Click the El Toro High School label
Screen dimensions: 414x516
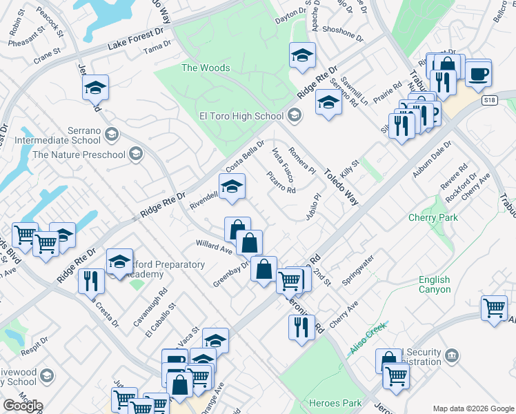pos(241,117)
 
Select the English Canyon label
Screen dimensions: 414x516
pos(435,284)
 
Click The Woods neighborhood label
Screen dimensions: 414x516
pos(206,68)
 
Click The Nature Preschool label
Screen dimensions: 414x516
pos(79,155)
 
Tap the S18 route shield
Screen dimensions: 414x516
pos(489,100)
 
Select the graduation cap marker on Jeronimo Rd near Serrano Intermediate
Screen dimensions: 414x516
pos(95,88)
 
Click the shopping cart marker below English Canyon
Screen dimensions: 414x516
pos(494,308)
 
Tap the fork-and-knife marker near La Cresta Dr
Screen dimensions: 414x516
pos(91,280)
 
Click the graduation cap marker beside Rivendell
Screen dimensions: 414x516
pos(232,186)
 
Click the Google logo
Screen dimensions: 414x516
pos(22,405)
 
